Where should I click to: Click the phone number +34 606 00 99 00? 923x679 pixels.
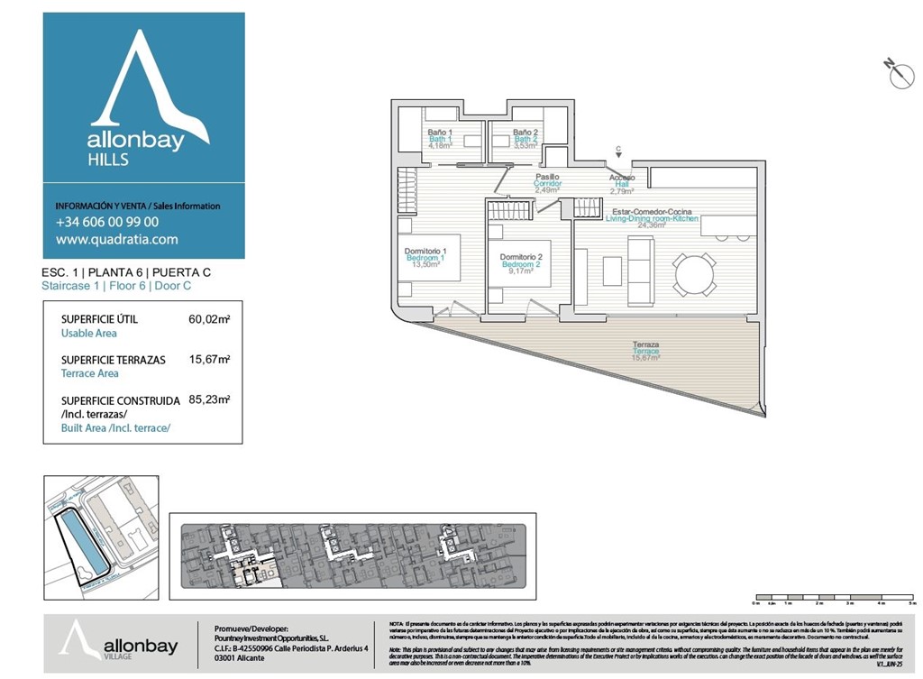107,222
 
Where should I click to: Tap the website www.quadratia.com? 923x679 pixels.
116,240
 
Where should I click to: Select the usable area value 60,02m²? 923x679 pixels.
209,319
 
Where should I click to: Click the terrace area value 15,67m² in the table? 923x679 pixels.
209,359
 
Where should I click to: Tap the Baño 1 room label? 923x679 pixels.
440,133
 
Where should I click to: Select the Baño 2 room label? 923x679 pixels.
525,133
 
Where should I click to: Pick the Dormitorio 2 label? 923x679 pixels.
520,257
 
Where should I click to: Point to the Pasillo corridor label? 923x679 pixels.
548,178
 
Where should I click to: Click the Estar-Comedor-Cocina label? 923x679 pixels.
652,212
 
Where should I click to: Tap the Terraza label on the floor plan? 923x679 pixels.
645,345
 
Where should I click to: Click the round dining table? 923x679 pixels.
693,273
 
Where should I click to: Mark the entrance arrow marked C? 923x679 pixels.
618,152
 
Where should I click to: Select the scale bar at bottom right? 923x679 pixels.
834,597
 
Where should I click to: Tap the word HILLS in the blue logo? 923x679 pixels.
108,160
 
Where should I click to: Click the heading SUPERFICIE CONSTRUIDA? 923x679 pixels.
119,400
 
